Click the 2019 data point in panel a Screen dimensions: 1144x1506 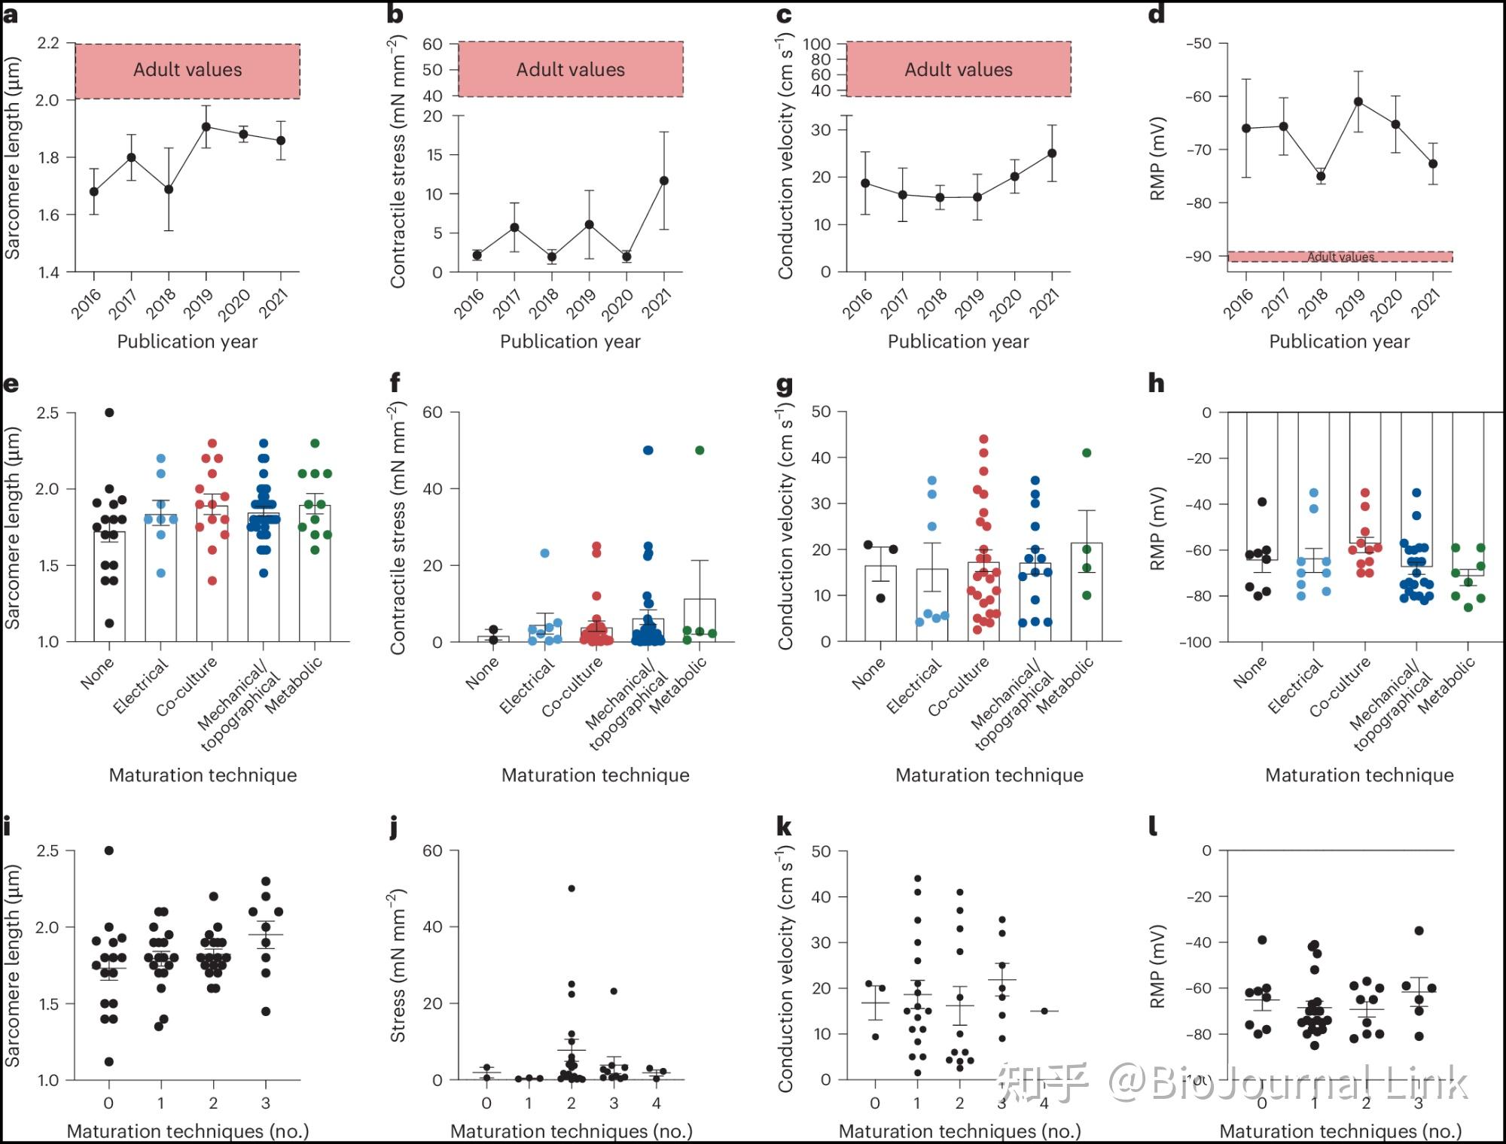click(206, 126)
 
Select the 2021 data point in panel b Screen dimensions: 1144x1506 click(663, 181)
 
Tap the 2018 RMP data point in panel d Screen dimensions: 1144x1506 click(1321, 177)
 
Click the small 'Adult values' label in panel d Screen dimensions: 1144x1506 click(1340, 257)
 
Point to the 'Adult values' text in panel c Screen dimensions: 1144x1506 click(958, 69)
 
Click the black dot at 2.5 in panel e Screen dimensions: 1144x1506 click(109, 412)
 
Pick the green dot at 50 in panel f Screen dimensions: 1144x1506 click(700, 450)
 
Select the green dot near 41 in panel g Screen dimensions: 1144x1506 click(1087, 453)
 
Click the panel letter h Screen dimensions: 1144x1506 click(1156, 384)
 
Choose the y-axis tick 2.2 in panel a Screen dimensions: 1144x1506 click(48, 43)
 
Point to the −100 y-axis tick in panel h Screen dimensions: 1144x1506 click(1196, 642)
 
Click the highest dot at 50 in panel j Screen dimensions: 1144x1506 click(572, 889)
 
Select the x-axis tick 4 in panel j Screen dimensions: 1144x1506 click(657, 1103)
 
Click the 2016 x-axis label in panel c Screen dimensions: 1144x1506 click(858, 304)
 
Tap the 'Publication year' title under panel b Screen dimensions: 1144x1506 click(570, 342)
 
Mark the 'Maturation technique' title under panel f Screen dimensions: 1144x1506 click(595, 775)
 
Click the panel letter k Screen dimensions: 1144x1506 click(784, 827)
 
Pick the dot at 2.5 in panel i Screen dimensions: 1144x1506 click(108, 850)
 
